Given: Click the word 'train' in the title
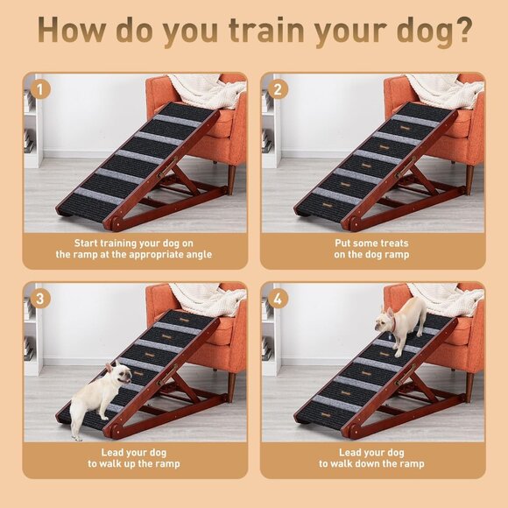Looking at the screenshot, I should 265,30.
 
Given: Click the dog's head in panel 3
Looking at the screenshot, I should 120,374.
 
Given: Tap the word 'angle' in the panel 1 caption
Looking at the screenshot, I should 197,255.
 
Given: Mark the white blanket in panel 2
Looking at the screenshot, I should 442,88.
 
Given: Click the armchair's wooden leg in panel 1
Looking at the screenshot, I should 229,179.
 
